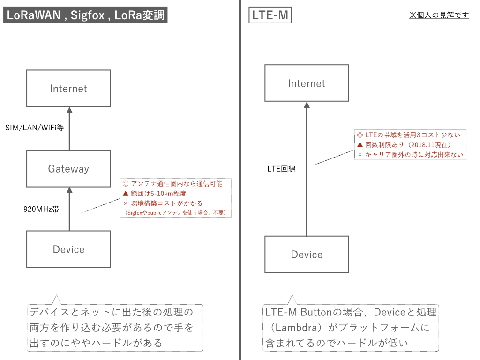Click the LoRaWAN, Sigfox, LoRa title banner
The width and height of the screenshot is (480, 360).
(85, 15)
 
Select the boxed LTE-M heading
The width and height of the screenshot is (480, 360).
(270, 15)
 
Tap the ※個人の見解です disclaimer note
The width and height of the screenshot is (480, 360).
(439, 15)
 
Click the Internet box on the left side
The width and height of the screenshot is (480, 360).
(68, 88)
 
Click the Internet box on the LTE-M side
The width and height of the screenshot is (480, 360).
(307, 83)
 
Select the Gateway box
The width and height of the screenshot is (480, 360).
(68, 169)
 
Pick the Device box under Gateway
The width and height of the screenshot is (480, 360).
(68, 249)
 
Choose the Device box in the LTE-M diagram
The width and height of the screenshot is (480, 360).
(307, 254)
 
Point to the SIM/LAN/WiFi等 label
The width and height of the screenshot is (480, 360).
(35, 127)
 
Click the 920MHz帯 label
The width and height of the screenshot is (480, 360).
(41, 209)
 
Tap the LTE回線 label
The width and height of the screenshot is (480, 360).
(281, 169)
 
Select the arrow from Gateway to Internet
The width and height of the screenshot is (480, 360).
(69, 129)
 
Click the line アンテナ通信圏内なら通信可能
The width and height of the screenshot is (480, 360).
(176, 184)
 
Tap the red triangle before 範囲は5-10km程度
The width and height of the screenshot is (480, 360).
(125, 194)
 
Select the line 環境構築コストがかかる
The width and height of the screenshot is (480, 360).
(167, 203)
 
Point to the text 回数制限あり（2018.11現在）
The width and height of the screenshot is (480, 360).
(408, 144)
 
